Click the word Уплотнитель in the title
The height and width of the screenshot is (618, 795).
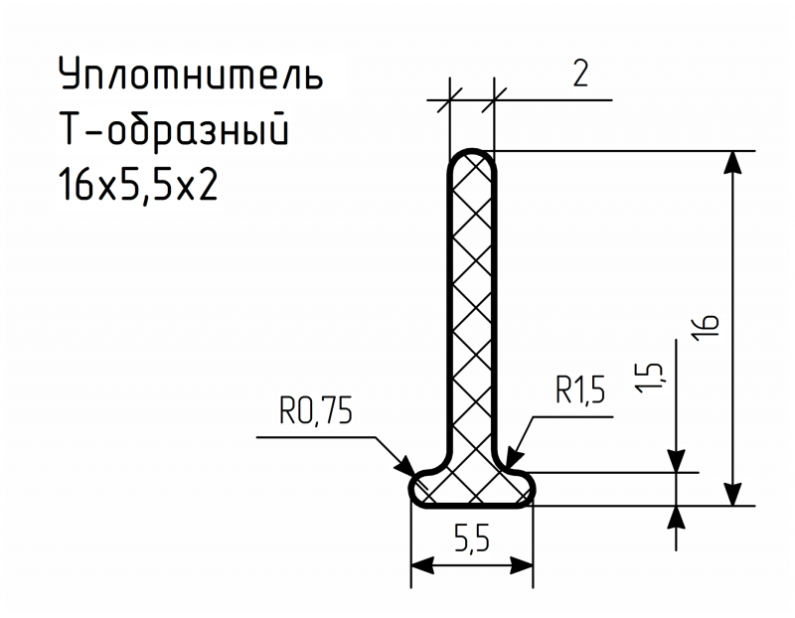pos(191,74)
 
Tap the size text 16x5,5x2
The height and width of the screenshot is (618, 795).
pos(138,185)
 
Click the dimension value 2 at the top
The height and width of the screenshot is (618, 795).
pos(580,74)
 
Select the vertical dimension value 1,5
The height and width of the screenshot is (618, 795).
pos(650,378)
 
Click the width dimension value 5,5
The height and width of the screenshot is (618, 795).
pos(471,538)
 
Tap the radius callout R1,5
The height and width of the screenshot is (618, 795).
pos(580,390)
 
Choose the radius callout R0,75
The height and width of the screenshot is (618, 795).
pos(315,410)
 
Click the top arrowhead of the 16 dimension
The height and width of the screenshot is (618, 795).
pos(732,163)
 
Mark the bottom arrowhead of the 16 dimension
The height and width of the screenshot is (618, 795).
pos(732,494)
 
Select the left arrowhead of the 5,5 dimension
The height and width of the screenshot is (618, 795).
pos(422,565)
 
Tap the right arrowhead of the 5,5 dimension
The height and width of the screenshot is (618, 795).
pos(521,565)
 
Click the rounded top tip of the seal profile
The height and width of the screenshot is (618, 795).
pos(472,151)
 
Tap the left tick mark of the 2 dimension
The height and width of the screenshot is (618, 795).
pos(450,100)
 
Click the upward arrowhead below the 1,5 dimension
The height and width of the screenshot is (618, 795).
pos(677,518)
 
